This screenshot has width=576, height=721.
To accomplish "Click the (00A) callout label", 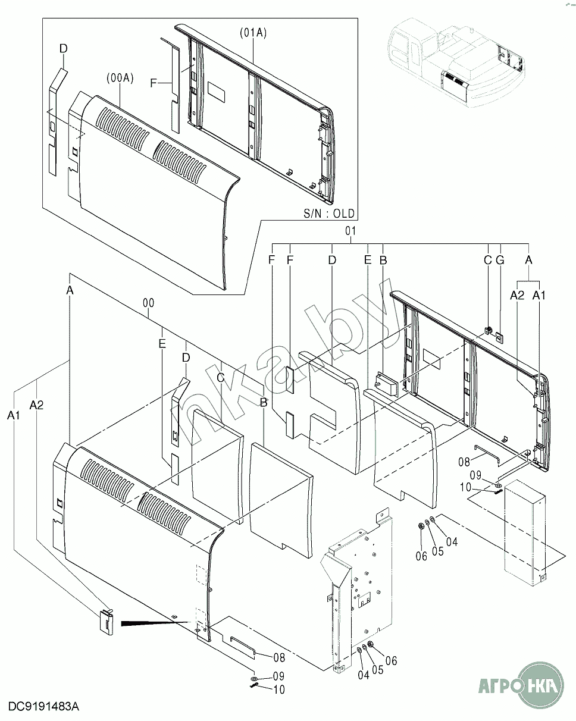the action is pyautogui.click(x=120, y=79).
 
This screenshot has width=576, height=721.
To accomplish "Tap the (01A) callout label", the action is pyautogui.click(x=253, y=33).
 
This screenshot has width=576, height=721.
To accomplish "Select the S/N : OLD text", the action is pyautogui.click(x=328, y=214).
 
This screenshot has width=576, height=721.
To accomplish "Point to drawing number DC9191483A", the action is pyautogui.click(x=43, y=707).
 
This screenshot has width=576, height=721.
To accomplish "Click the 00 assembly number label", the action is pyautogui.click(x=148, y=303).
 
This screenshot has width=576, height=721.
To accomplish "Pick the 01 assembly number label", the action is pyautogui.click(x=350, y=231).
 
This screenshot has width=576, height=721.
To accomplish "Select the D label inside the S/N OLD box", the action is pyautogui.click(x=63, y=49).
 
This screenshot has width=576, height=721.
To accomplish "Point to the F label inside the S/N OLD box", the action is pyautogui.click(x=153, y=83).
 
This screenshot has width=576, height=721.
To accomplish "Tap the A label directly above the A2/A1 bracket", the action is pyautogui.click(x=528, y=259).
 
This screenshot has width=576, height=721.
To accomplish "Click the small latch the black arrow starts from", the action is pyautogui.click(x=107, y=622).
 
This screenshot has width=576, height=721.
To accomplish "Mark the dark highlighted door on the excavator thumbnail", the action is pyautogui.click(x=453, y=86).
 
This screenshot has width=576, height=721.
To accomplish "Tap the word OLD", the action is pyautogui.click(x=344, y=214).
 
